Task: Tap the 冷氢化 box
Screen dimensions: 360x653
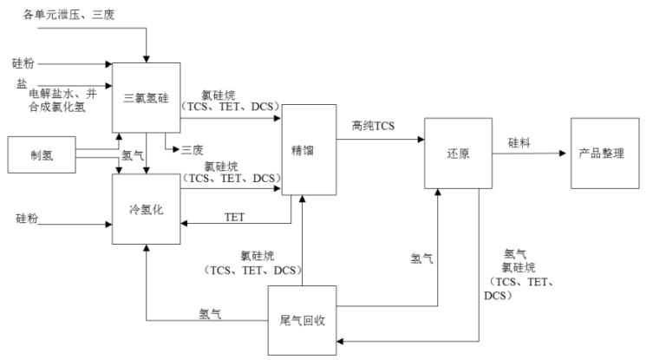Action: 146,209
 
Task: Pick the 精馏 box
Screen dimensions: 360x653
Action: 303,149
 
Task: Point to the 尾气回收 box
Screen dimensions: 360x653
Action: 301,319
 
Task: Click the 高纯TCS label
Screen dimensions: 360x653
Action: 372,127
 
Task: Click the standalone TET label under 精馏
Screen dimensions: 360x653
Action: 234,215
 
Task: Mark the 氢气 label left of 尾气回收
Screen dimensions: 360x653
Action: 210,312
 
